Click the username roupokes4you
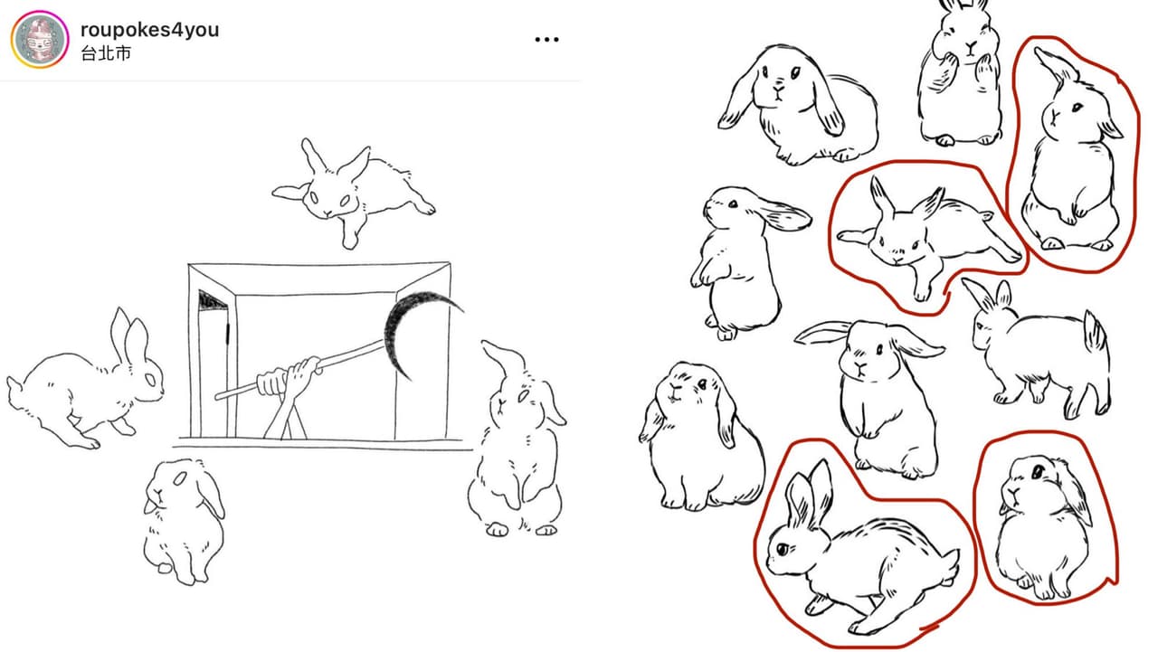point(150,30)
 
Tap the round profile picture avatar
point(40,39)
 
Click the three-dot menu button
point(546,39)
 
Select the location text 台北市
point(106,53)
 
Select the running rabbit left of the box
point(85,383)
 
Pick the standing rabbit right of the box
point(517,439)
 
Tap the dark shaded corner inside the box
point(213,301)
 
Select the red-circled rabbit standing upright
point(1073,155)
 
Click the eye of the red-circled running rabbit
point(783,549)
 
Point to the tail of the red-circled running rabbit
point(950,564)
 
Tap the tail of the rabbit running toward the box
point(13,386)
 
